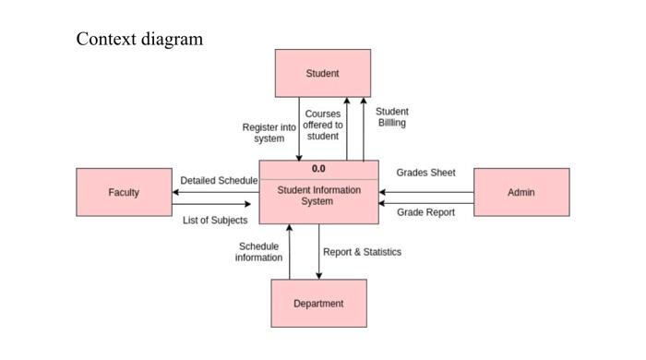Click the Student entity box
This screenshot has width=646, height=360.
323,73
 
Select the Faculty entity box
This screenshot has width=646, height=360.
124,192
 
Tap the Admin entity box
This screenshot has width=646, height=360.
520,192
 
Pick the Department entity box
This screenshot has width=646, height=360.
318,303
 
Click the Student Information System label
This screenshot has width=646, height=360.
318,196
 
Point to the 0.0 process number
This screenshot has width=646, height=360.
318,170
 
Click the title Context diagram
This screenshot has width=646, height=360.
139,39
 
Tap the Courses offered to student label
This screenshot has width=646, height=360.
323,126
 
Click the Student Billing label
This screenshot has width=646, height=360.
391,117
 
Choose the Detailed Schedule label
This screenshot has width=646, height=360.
219,180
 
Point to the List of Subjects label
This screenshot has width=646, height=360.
215,221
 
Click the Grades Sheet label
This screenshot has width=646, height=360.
425,173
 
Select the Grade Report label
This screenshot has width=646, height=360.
425,212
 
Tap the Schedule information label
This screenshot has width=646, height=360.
258,252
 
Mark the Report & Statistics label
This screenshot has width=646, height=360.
362,252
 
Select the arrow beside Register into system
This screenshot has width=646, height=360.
299,129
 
